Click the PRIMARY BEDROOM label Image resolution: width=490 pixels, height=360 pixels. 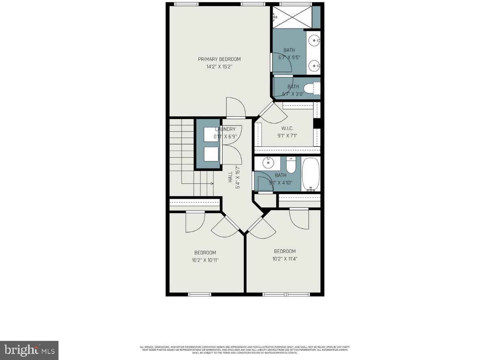[219, 59]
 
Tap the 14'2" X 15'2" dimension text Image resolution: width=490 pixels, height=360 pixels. [219, 67]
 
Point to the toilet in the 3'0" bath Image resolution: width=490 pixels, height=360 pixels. [313, 87]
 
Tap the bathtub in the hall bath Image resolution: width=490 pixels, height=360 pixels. [311, 174]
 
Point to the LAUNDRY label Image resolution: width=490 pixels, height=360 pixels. [225, 129]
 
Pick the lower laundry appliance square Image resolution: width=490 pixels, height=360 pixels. [211, 155]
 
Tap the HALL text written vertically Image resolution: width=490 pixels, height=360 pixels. [230, 176]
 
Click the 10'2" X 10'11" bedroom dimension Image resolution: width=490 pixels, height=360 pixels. [205, 260]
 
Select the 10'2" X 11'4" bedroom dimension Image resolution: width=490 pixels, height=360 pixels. [284, 258]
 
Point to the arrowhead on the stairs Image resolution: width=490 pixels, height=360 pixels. [212, 184]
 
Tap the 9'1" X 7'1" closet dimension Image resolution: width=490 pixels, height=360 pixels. [287, 136]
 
